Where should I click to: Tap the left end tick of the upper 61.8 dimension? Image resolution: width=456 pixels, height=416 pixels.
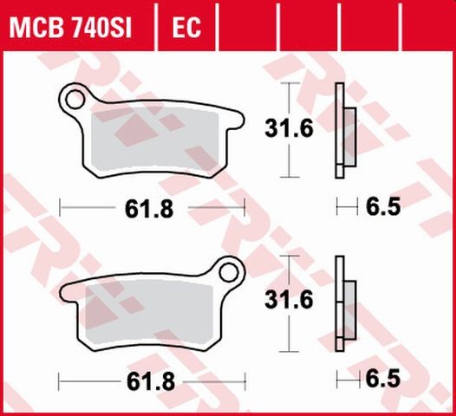pyautogui.click(x=60, y=207)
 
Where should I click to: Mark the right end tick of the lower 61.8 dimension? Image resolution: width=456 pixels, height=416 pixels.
pyautogui.click(x=245, y=380)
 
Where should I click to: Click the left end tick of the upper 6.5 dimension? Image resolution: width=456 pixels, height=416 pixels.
pyautogui.click(x=337, y=207)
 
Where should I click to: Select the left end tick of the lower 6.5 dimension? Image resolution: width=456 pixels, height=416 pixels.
pyautogui.click(x=337, y=380)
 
